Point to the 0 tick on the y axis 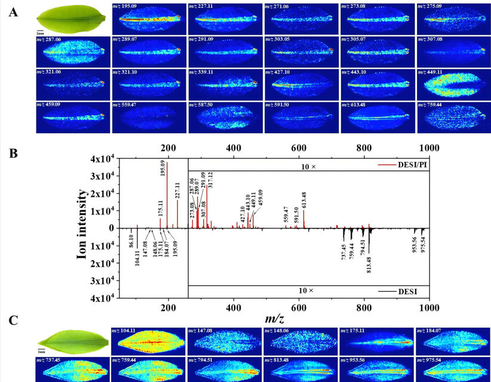(x=121, y=228)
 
